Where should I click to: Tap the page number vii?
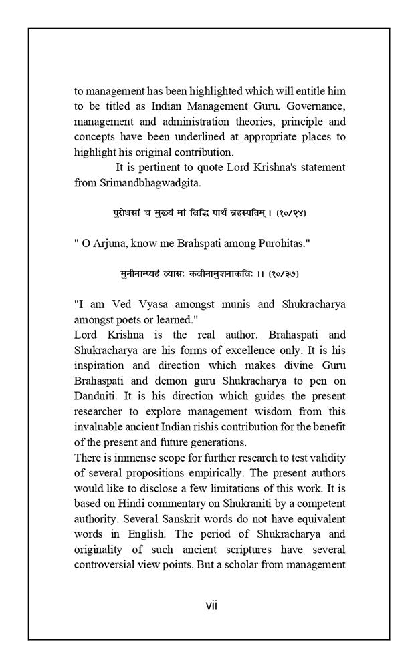pos(211,606)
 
